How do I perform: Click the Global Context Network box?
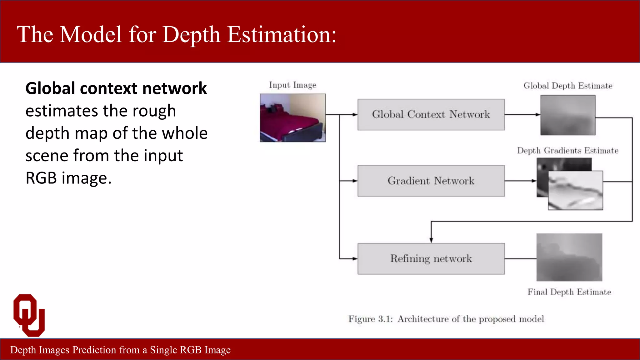pyautogui.click(x=431, y=114)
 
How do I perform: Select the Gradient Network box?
pyautogui.click(x=431, y=181)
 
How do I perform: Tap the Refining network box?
pyautogui.click(x=431, y=258)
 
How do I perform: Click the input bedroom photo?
pyautogui.click(x=292, y=118)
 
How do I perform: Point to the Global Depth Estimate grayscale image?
pyautogui.click(x=567, y=115)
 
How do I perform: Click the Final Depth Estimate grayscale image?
pyautogui.click(x=569, y=257)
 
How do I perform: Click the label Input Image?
pyautogui.click(x=292, y=85)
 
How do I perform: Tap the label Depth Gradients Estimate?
pyautogui.click(x=567, y=151)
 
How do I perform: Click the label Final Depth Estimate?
pyautogui.click(x=569, y=292)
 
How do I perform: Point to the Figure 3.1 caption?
pyautogui.click(x=446, y=319)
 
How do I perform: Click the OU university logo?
pyautogui.click(x=29, y=315)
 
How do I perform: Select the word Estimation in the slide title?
pyautogui.click(x=282, y=34)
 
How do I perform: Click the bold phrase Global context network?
pyautogui.click(x=116, y=88)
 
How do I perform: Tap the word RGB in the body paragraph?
pyautogui.click(x=41, y=178)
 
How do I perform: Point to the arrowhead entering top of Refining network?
pyautogui.click(x=431, y=240)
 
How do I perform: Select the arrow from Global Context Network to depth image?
pyautogui.click(x=522, y=115)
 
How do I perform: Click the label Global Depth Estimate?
pyautogui.click(x=567, y=86)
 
